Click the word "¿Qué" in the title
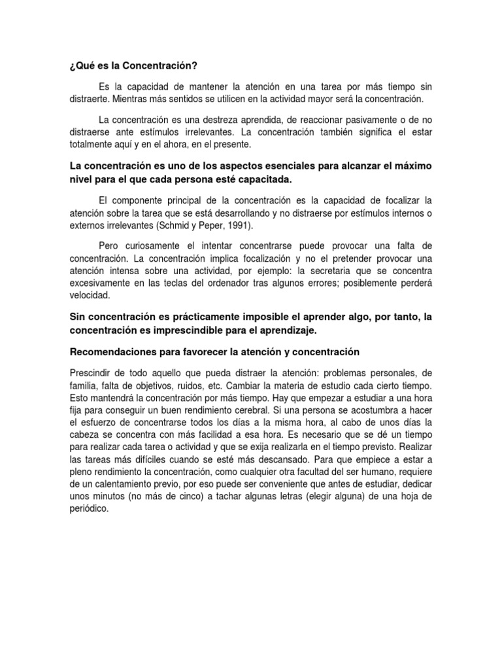[x=81, y=67]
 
